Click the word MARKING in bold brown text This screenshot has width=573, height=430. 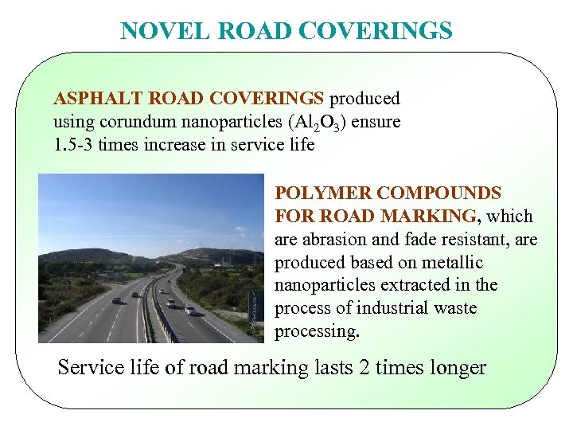point(435,217)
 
